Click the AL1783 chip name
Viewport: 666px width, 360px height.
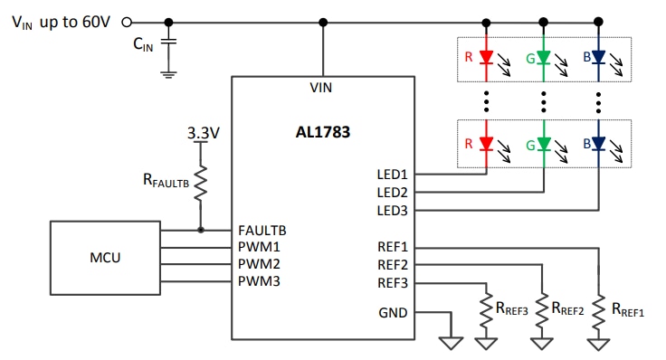tap(320, 133)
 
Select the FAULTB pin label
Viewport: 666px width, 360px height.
tap(263, 230)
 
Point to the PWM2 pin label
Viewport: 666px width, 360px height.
tap(261, 265)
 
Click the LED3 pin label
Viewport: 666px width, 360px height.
tap(392, 210)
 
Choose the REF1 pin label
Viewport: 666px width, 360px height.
tap(392, 246)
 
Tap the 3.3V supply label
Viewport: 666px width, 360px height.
tap(203, 133)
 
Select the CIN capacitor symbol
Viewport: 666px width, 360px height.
tap(169, 43)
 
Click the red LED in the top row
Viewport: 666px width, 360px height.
tap(486, 57)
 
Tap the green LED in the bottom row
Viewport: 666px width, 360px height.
tap(543, 143)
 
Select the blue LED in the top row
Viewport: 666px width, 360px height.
tap(599, 57)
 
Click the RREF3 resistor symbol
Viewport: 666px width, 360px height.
tap(486, 309)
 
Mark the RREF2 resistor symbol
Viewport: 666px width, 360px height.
tap(542, 309)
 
